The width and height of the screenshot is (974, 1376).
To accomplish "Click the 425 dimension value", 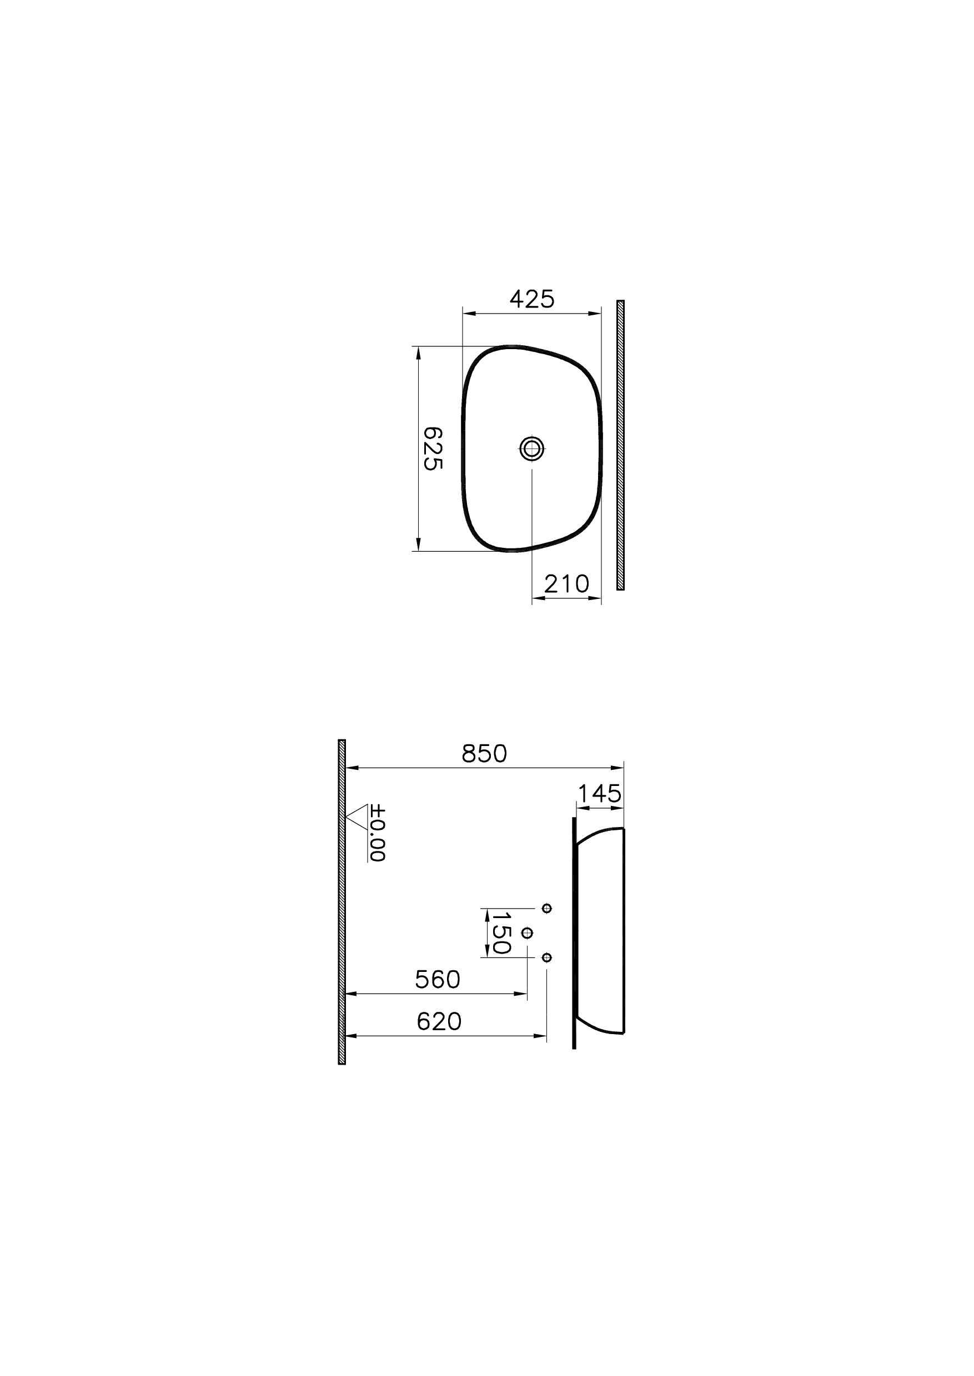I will tap(532, 299).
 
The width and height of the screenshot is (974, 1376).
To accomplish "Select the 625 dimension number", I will tap(433, 448).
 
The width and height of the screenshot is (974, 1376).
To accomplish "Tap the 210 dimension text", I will tap(566, 583).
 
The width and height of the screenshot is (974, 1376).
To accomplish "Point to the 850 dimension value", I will tap(484, 754).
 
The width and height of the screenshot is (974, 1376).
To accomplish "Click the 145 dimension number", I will tap(599, 794).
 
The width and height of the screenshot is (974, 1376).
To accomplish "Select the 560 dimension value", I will tap(437, 980).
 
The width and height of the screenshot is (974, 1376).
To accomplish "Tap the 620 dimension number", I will tap(439, 1022).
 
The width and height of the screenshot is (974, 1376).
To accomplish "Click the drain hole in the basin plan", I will tap(532, 448).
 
